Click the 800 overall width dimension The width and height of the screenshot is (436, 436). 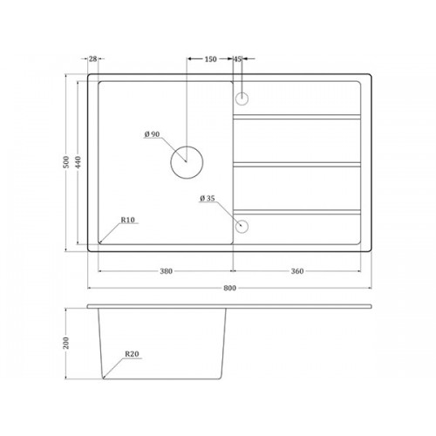229,288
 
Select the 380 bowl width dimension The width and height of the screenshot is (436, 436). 167,271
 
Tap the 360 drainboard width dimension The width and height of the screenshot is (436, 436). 297,271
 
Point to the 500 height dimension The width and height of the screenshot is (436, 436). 66,162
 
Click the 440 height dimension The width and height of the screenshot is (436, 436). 78,162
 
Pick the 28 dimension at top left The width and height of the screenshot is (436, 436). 92,59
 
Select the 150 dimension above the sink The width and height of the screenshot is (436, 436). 210,59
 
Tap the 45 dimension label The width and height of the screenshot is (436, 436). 237,59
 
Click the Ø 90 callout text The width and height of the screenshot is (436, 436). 152,134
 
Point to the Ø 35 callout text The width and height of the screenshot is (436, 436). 208,198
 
